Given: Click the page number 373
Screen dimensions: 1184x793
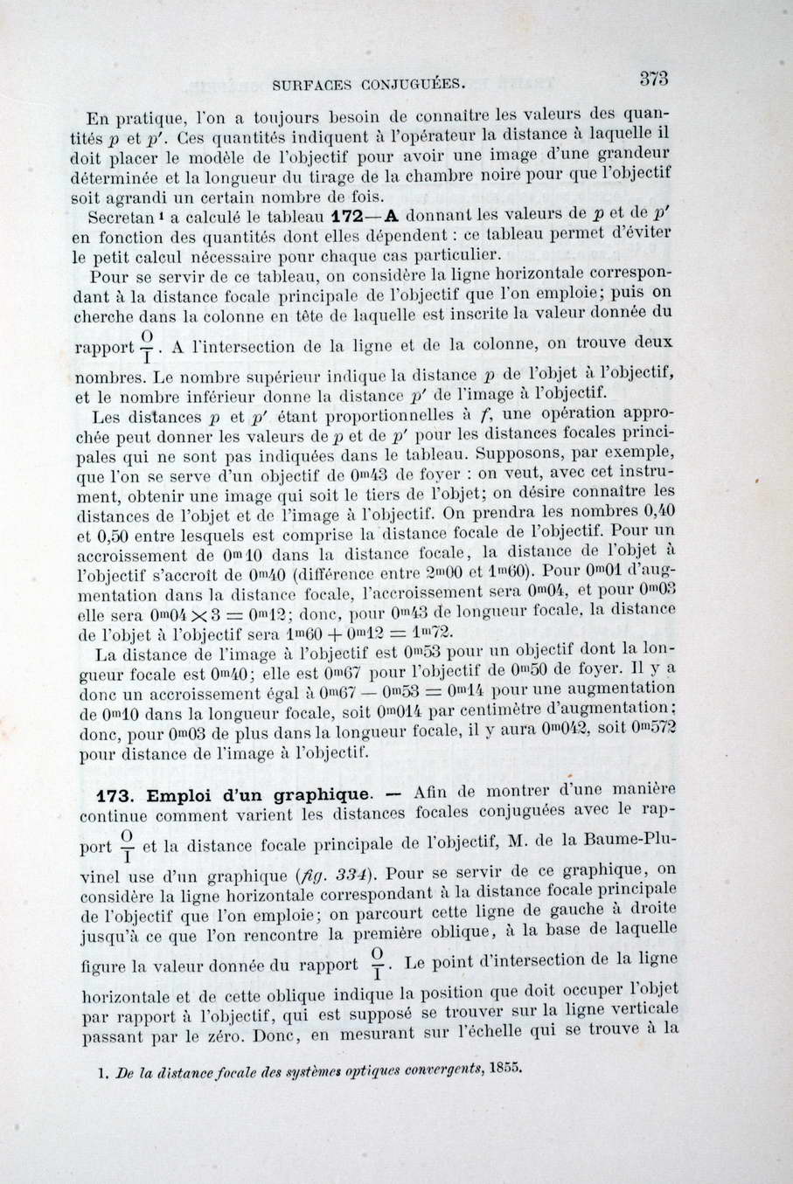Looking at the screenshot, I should point(653,77).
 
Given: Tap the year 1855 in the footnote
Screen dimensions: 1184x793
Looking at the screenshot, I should point(506,1066).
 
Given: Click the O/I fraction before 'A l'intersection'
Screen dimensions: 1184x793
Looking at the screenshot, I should point(148,348).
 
